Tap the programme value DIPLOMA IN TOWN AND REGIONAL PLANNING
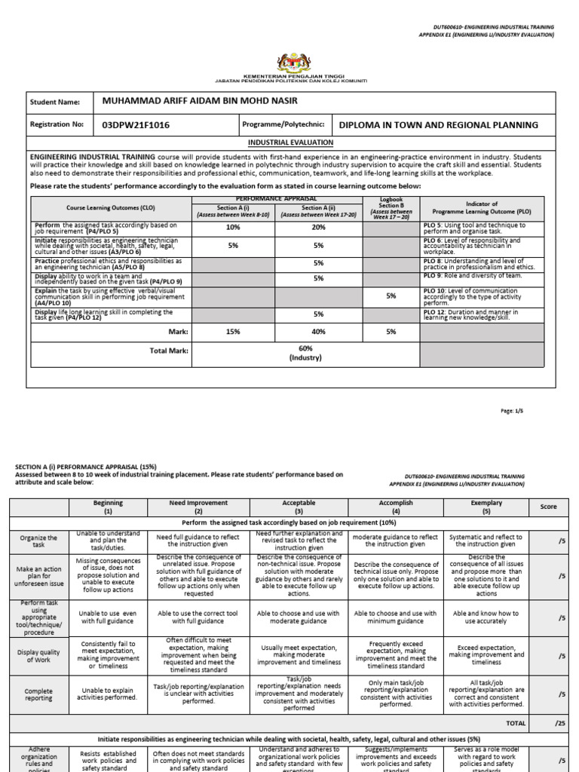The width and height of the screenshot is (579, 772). [439, 124]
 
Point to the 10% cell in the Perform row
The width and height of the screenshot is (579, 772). [232, 227]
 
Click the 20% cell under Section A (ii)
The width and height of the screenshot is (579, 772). [318, 227]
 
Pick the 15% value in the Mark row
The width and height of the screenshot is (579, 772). [232, 331]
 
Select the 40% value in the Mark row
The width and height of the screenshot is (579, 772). [318, 331]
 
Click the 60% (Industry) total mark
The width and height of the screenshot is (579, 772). [305, 354]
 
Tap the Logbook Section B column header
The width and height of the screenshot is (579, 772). [391, 207]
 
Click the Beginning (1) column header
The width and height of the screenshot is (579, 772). [108, 506]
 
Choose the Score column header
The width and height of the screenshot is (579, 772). [548, 507]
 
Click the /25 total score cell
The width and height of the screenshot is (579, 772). [559, 723]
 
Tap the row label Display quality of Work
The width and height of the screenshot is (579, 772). [38, 654]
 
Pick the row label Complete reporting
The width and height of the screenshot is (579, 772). [38, 695]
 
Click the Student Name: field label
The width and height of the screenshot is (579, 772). [54, 102]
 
